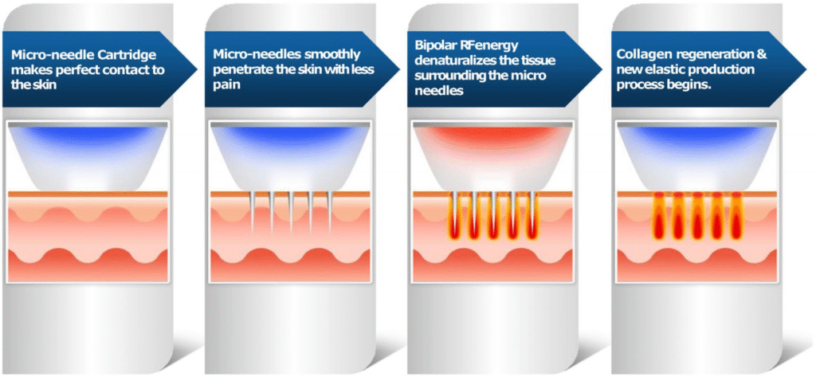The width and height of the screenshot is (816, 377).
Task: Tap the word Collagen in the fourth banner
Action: tap(645, 54)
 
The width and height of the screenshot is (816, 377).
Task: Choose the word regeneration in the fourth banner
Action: tap(710, 54)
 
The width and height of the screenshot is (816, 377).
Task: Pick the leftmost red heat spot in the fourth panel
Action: tap(658, 217)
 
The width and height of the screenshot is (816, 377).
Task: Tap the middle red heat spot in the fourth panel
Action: tap(695, 217)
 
